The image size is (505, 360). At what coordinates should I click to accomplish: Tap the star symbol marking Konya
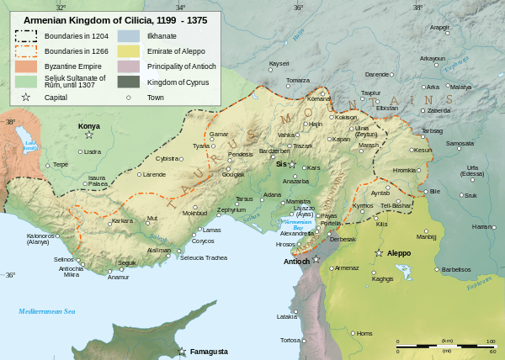pyautogui.click(x=89, y=135)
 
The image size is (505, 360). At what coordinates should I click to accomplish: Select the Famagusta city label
pyautogui.click(x=209, y=351)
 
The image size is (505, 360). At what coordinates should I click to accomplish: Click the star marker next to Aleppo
pyautogui.click(x=379, y=253)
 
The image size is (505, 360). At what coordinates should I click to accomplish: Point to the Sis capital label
pyautogui.click(x=281, y=164)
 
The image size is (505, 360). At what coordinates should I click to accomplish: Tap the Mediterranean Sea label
pyautogui.click(x=47, y=311)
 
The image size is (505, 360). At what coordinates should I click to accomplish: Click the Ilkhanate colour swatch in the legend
pyautogui.click(x=129, y=36)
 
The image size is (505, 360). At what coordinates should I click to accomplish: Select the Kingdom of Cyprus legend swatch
pyautogui.click(x=129, y=81)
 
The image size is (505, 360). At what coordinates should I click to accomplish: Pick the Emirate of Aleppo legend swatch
pyautogui.click(x=129, y=50)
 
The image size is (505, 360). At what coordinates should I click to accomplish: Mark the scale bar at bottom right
pyautogui.click(x=445, y=346)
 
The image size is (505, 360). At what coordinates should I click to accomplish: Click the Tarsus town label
pyautogui.click(x=244, y=199)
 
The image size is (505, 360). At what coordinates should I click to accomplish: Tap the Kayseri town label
pyautogui.click(x=279, y=64)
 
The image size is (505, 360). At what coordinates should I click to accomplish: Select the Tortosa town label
pyautogui.click(x=290, y=340)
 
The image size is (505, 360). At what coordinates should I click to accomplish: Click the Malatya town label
pyautogui.click(x=460, y=87)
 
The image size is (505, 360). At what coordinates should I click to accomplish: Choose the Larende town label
pyautogui.click(x=154, y=174)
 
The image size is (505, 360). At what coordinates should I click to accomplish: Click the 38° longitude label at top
pyautogui.click(x=418, y=7)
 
